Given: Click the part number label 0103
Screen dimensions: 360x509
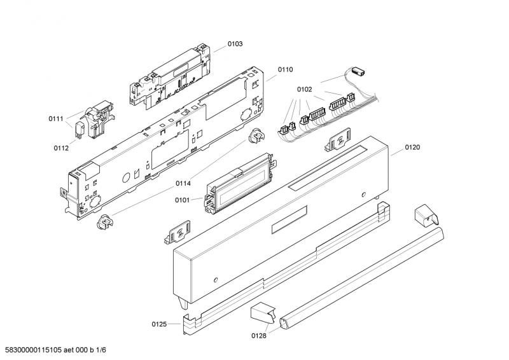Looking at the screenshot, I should (235, 44).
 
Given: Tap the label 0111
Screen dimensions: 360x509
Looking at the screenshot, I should (56, 119).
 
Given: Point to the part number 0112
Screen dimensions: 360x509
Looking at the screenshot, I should (60, 148).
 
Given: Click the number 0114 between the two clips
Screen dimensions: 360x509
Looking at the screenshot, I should (183, 184).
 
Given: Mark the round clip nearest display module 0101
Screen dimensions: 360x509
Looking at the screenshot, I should (257, 136).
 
